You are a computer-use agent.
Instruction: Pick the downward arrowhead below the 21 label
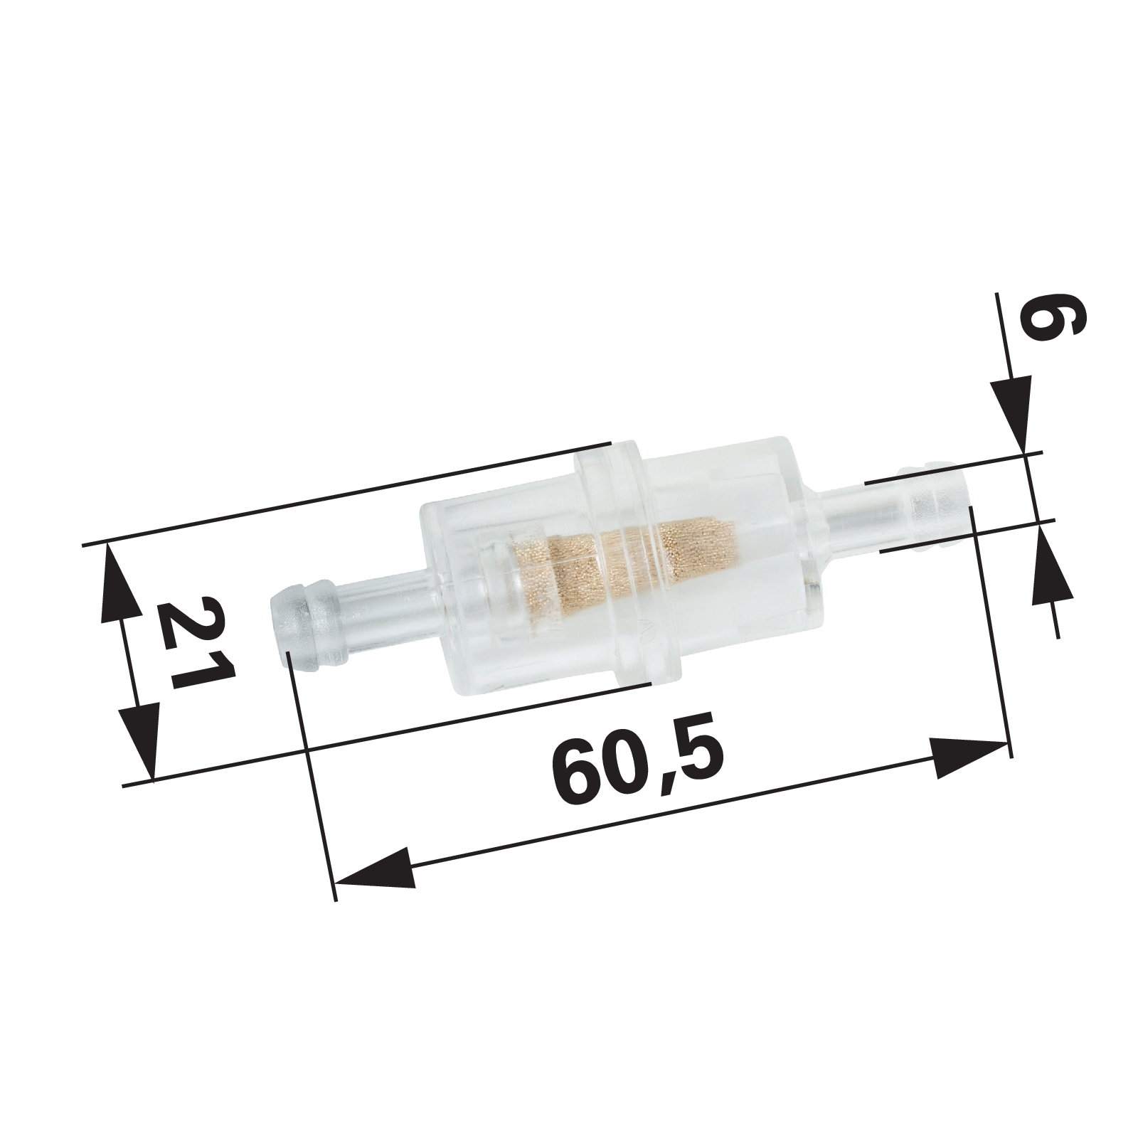[139, 740]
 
